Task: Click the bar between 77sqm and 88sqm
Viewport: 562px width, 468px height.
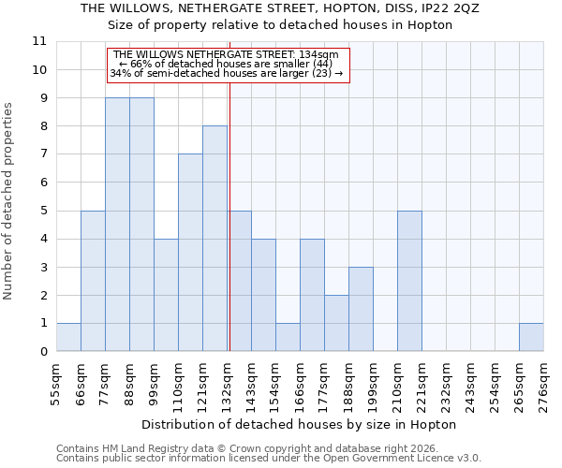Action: (x=117, y=225)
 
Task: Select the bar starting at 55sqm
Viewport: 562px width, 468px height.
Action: (x=68, y=337)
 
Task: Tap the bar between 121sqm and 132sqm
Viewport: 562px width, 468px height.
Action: (x=214, y=239)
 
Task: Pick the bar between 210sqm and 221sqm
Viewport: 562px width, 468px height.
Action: (x=409, y=281)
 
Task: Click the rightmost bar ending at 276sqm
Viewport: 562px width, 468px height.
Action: (x=531, y=337)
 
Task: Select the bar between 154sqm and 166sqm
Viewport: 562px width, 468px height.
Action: (x=288, y=337)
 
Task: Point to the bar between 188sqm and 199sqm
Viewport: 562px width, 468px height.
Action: (x=361, y=309)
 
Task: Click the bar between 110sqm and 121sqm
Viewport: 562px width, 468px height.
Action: (x=190, y=253)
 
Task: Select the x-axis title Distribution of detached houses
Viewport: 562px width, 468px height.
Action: (x=300, y=424)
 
